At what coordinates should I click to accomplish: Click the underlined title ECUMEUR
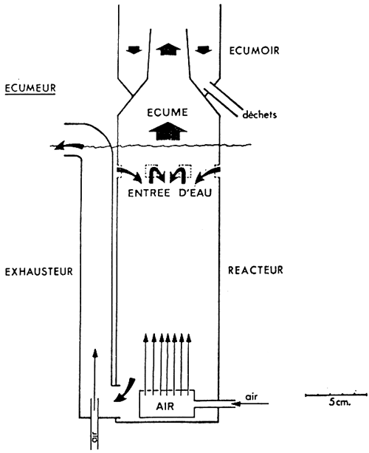30,88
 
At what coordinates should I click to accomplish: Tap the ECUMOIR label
254,50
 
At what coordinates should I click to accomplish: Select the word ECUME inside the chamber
168,112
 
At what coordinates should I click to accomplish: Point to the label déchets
259,115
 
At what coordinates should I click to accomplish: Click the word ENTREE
149,193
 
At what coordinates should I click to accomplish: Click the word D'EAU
196,193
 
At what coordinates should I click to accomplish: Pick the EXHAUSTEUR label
39,271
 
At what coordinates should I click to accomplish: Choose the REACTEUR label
255,270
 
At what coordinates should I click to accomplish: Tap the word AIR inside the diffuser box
165,406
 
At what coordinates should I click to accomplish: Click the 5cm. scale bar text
339,402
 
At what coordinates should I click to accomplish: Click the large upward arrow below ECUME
168,131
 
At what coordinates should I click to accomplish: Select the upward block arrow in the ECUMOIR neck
168,49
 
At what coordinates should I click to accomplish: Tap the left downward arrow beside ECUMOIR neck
134,50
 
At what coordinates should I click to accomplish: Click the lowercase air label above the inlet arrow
251,397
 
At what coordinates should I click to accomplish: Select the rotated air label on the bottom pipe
94,439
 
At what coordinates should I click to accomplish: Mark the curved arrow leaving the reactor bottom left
125,390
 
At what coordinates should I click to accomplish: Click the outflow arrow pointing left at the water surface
69,146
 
